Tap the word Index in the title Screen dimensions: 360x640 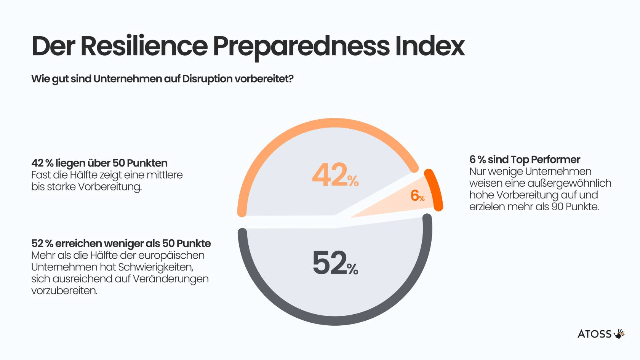[430, 46]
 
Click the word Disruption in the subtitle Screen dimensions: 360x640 [207, 79]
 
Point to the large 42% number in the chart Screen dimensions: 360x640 [335, 175]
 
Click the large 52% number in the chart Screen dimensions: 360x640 [335, 263]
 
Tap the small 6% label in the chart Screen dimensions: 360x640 [417, 196]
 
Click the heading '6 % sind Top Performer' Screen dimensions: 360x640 [525, 159]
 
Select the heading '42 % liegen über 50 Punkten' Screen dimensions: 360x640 [99, 163]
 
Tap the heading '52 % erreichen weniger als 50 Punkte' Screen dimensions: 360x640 [121, 243]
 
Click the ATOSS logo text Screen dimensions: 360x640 [594, 334]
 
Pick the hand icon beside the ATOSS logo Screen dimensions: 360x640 [619, 334]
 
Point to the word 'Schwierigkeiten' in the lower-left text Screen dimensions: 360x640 [155, 267]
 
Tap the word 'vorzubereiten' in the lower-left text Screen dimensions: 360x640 [64, 291]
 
